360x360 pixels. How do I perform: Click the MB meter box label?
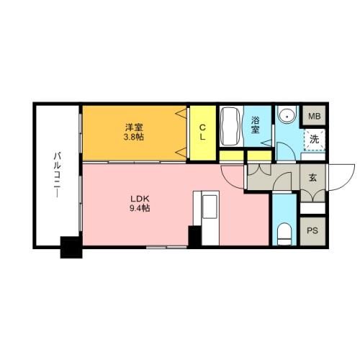click(315, 117)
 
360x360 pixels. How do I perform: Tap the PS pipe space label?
click(312, 230)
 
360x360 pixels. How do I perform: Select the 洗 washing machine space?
click(314, 140)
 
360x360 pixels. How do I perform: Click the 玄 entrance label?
click(312, 177)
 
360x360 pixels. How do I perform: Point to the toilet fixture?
click(284, 234)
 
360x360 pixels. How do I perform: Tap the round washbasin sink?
click(287, 117)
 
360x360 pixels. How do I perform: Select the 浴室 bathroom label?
click(255, 125)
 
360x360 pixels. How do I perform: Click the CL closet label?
click(202, 132)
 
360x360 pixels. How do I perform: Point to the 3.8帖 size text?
click(134, 138)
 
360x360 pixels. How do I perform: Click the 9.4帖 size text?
click(140, 208)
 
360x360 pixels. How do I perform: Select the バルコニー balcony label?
click(57, 175)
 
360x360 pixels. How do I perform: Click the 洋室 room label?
click(134, 127)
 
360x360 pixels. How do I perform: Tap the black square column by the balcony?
click(71, 248)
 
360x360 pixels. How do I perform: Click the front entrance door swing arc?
click(347, 181)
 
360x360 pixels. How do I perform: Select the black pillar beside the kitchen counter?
click(194, 236)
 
